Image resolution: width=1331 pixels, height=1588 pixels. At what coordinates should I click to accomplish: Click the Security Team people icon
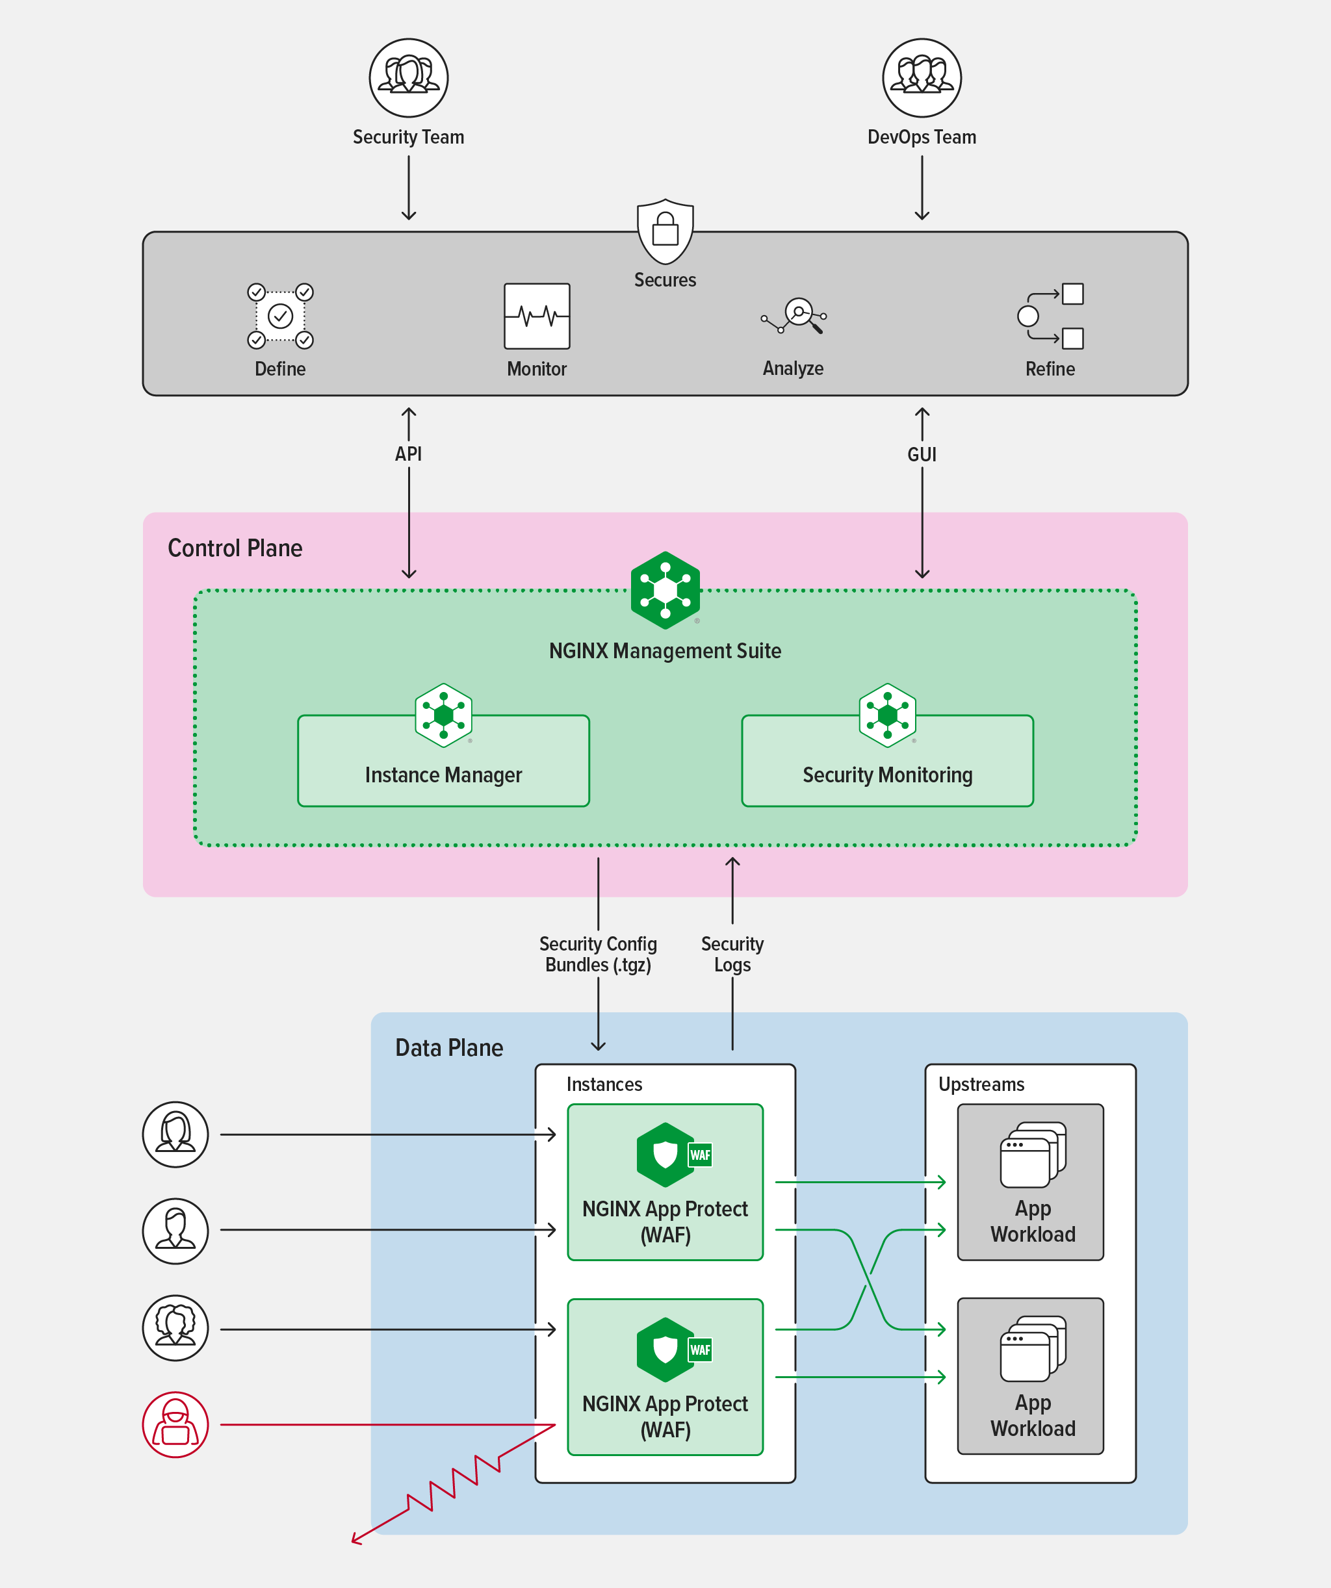point(408,78)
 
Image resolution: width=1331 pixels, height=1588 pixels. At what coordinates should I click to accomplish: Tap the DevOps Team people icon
point(921,78)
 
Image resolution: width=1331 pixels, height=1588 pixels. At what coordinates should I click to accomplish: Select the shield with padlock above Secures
point(665,231)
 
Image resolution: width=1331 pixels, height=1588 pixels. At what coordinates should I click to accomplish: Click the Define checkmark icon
point(280,316)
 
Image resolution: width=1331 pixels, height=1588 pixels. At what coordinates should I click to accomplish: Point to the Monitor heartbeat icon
point(537,316)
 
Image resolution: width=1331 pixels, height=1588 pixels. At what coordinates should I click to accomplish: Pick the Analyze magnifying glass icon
point(794,316)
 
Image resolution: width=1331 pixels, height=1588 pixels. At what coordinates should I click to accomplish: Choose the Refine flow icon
point(1051,316)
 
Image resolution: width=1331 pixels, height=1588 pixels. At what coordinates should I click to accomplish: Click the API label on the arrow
point(408,454)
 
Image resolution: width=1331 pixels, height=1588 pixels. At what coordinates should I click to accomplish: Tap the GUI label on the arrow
point(921,454)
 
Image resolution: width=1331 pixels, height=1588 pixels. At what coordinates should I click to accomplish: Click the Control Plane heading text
point(235,548)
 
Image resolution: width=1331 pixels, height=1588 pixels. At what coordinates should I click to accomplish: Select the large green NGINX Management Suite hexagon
point(665,591)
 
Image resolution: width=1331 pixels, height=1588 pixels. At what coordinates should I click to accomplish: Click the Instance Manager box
point(443,762)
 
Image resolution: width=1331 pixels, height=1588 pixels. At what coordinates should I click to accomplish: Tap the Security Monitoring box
point(887,762)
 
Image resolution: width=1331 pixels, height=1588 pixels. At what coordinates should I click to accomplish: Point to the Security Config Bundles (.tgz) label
point(597,954)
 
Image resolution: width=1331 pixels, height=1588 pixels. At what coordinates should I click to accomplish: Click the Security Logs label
point(732,954)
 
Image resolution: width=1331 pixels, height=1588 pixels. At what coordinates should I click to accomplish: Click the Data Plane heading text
point(449,1048)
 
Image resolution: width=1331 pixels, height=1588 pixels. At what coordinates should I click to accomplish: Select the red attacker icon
point(175,1425)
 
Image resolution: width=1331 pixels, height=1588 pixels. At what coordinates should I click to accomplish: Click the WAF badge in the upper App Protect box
point(699,1155)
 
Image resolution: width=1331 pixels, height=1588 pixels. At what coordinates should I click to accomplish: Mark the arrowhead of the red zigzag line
point(354,1541)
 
